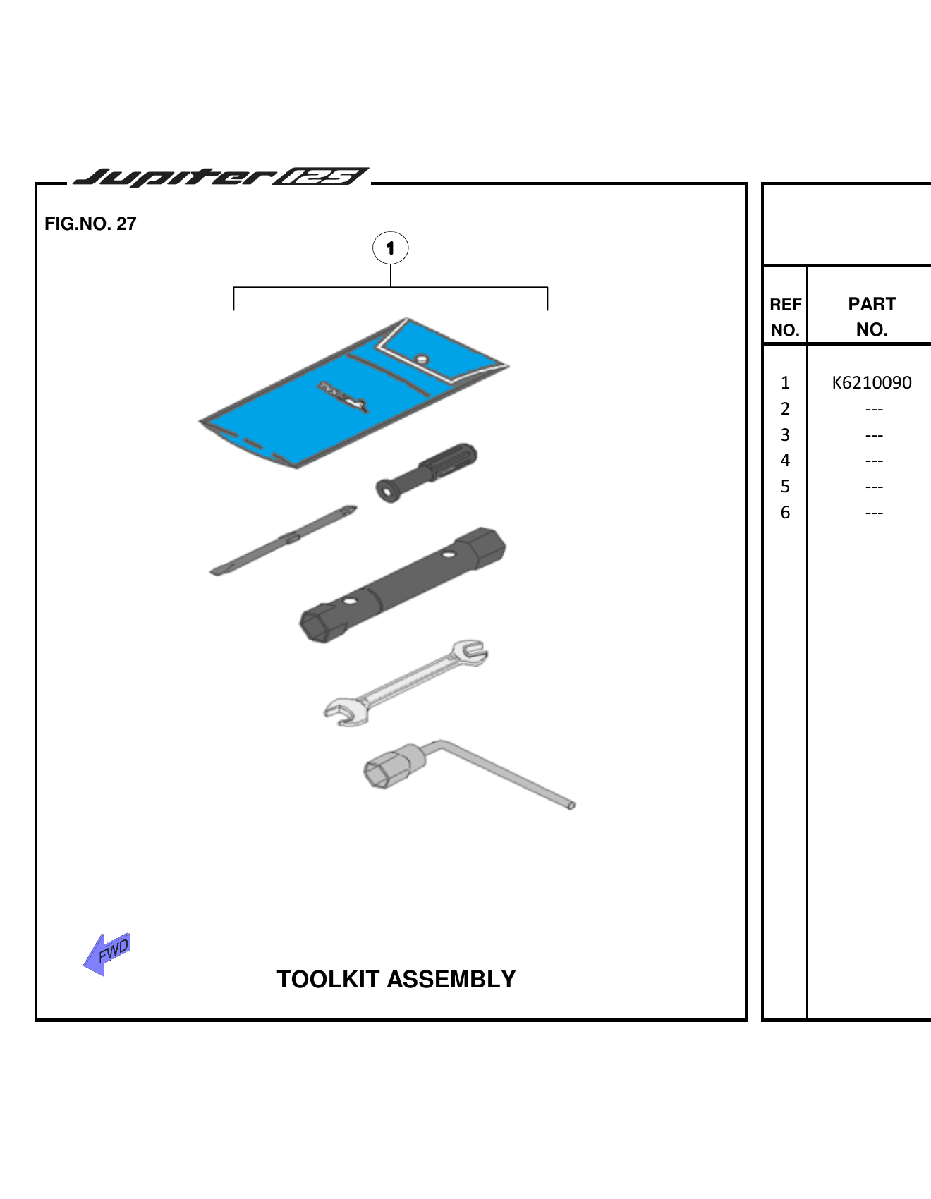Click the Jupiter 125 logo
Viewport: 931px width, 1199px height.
(x=221, y=176)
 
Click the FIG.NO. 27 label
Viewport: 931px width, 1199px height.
(x=90, y=224)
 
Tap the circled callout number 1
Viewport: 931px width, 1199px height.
(x=390, y=248)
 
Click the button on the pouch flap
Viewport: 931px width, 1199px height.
(x=422, y=358)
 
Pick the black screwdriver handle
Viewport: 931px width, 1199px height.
(x=427, y=472)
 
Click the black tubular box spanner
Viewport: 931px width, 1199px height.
(x=403, y=585)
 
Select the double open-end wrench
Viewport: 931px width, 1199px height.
(x=406, y=682)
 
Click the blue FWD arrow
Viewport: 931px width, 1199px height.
(x=107, y=954)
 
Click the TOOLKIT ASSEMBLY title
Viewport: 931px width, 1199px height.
(x=396, y=979)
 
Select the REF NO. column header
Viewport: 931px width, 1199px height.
(x=785, y=317)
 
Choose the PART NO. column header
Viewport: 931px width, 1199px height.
(x=872, y=317)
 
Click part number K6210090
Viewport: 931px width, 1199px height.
(x=872, y=383)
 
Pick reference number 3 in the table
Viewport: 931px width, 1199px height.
(x=785, y=435)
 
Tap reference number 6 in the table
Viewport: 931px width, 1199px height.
(x=785, y=513)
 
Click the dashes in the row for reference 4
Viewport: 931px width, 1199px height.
(x=874, y=461)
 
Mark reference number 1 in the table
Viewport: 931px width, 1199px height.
(x=785, y=383)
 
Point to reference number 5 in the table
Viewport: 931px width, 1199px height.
(x=785, y=487)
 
